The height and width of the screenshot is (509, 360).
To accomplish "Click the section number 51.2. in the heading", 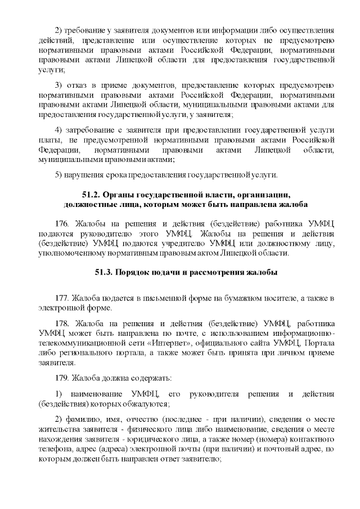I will (93, 195).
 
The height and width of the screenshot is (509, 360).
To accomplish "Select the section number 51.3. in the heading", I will (105, 273).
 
